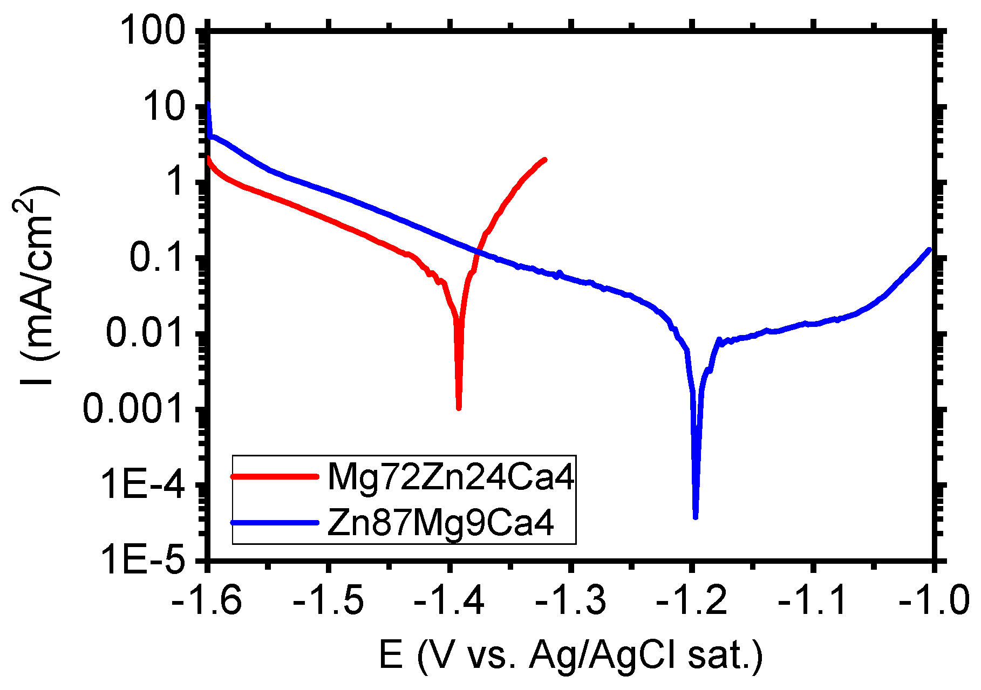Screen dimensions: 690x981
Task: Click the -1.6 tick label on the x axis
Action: point(207,600)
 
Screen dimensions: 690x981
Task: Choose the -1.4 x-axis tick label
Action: point(449,600)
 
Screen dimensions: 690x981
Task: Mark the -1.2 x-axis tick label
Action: point(692,600)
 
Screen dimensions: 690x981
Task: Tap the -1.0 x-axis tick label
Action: point(934,600)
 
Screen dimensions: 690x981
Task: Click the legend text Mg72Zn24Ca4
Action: point(451,477)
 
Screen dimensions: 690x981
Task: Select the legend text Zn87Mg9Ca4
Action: point(440,522)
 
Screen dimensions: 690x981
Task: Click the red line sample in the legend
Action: point(274,476)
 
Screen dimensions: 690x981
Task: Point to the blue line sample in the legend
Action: point(274,522)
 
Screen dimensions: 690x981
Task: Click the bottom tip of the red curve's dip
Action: point(459,408)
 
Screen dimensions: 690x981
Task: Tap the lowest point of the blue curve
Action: point(696,517)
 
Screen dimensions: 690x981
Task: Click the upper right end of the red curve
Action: point(544,160)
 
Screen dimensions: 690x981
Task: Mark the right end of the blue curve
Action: point(929,250)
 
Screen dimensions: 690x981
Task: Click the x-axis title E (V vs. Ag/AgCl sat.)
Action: point(570,655)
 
